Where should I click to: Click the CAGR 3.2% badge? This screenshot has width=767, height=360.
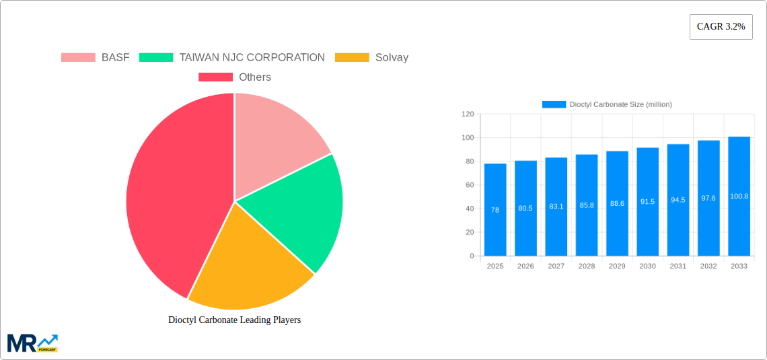pos(721,27)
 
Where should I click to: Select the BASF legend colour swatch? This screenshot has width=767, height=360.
pos(78,58)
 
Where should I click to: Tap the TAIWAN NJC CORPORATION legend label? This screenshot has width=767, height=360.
pos(252,58)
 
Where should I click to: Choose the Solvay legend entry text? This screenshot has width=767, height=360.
pos(392,58)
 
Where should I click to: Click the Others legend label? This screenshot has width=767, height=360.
pos(254,77)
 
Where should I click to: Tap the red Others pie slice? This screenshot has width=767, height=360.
pos(175,195)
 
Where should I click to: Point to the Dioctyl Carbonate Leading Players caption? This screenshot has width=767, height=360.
pos(234,320)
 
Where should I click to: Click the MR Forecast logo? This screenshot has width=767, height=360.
pos(32,343)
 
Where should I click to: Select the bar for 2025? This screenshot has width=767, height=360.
pos(495,210)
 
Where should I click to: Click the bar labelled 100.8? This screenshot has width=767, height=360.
pos(739,196)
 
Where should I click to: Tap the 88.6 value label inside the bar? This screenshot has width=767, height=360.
pos(617,203)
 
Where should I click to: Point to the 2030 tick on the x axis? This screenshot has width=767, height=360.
pos(647,266)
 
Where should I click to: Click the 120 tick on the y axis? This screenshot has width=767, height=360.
pos(468,114)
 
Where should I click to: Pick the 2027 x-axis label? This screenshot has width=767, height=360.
pos(556,266)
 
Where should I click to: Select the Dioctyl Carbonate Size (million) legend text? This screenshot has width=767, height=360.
pos(620,104)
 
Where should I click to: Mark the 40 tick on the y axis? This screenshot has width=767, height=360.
pos(470,209)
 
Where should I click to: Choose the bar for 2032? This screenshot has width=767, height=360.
pos(708,199)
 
